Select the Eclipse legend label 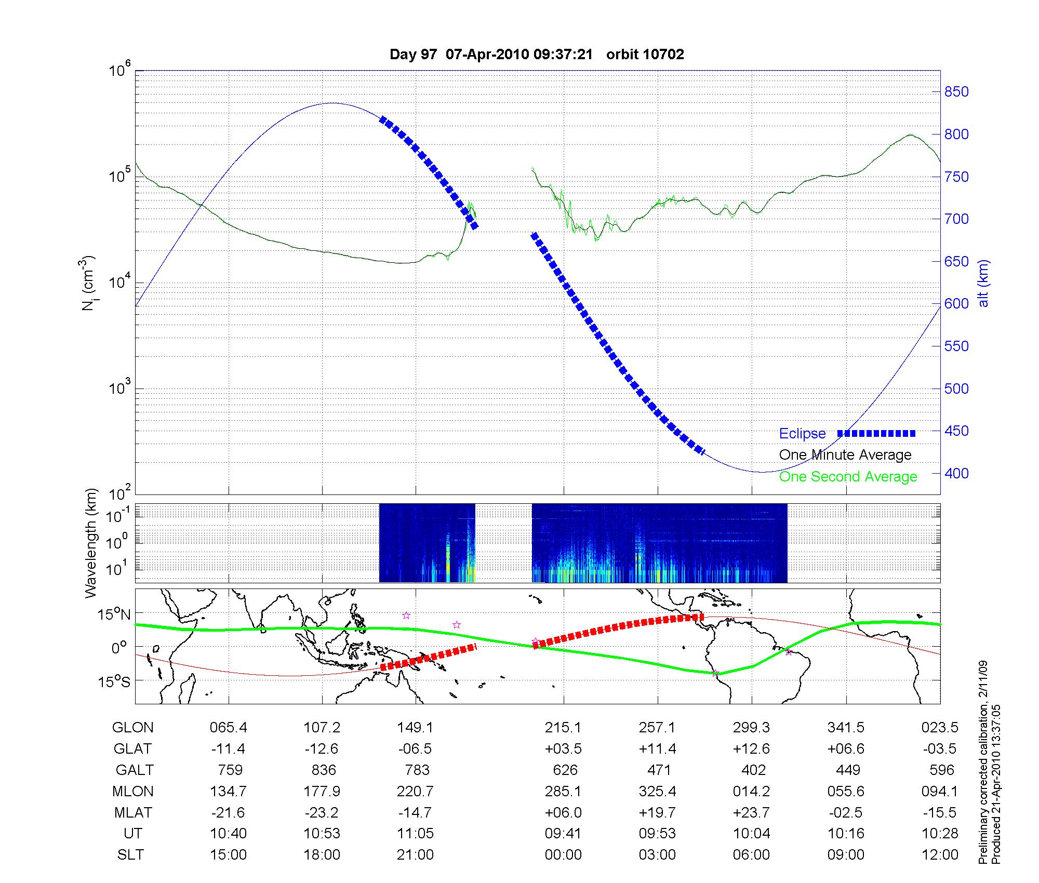pos(802,433)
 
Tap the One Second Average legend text pos(848,476)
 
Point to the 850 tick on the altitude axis pos(956,92)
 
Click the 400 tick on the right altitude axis pos(956,473)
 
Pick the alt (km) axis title pos(983,283)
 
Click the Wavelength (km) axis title pos(91,543)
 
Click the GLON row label pos(132,728)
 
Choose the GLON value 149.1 pos(415,728)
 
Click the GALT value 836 pos(323,770)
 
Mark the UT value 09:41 pos(563,834)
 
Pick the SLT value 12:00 pos(940,855)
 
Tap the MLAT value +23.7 pos(751,812)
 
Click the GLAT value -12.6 pos(322,748)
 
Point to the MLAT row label pos(133,812)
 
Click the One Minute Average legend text pos(845,455)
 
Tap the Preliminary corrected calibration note pos(983,764)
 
